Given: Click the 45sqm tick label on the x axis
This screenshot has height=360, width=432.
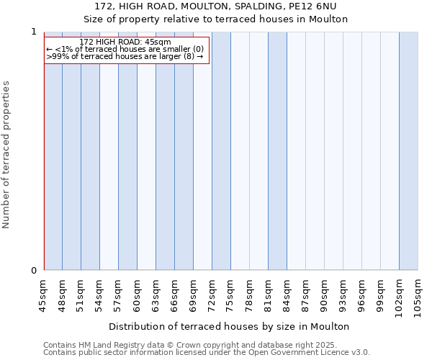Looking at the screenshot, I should point(44,294).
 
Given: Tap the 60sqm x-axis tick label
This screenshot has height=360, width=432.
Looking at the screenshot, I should point(138,294).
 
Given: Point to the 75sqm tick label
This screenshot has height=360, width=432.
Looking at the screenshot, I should point(231,294).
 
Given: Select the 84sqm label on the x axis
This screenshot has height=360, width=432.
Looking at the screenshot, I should point(287,294).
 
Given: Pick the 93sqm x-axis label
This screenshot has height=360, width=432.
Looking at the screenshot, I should point(343,294).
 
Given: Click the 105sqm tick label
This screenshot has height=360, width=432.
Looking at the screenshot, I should point(418,297).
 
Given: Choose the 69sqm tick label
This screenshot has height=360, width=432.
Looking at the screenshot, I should point(194,294).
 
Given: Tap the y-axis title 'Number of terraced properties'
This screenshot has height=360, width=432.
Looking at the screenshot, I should point(6,155).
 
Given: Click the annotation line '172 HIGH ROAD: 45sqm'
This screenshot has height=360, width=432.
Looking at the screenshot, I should point(125,42).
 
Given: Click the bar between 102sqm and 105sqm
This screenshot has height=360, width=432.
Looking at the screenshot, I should point(408,151).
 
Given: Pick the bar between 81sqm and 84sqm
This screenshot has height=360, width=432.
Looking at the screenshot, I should point(277,151).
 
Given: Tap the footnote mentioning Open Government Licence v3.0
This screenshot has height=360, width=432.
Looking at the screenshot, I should point(207,352).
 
